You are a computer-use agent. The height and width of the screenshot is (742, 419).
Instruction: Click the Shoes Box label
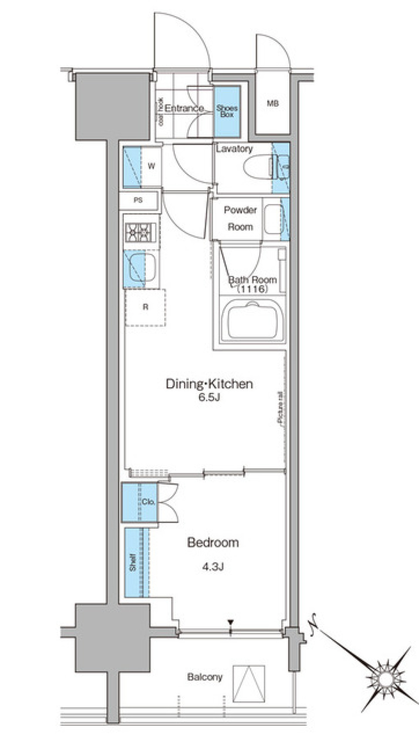(x=227, y=111)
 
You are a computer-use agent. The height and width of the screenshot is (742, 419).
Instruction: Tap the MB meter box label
(x=273, y=104)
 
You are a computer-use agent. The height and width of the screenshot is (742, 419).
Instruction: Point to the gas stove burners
(x=141, y=232)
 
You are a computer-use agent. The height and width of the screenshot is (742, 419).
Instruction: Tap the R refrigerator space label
(x=145, y=307)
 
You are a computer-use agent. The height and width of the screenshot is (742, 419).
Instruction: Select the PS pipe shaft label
(x=138, y=201)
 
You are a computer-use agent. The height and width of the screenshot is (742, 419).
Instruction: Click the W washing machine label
(x=151, y=166)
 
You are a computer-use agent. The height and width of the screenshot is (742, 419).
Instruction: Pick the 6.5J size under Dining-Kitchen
(x=209, y=398)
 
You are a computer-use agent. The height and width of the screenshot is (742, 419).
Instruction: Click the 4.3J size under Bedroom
(x=213, y=567)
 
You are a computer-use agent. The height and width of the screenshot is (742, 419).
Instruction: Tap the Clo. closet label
(x=148, y=502)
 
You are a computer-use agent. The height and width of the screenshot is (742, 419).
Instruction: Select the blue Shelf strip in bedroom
(x=134, y=562)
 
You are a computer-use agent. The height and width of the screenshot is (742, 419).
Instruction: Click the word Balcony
(x=205, y=677)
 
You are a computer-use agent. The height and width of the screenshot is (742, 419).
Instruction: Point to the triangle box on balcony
(x=249, y=683)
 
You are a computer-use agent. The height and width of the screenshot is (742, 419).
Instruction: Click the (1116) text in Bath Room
(x=252, y=289)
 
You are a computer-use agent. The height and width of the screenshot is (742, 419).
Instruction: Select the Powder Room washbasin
(x=273, y=219)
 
